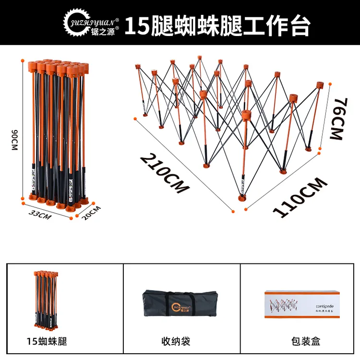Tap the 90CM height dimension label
click(x=14, y=139)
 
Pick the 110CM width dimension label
click(x=300, y=197)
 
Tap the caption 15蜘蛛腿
click(x=47, y=342)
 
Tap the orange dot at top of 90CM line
click(x=23, y=60)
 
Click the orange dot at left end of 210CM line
click(x=135, y=118)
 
